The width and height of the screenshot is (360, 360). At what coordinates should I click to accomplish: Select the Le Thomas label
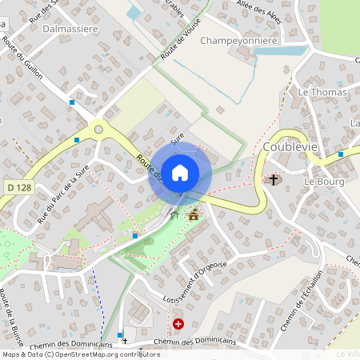coord(322,93)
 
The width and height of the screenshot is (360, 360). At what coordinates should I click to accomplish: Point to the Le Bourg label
coord(323,182)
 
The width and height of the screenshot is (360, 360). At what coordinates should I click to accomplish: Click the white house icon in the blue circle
coord(180,172)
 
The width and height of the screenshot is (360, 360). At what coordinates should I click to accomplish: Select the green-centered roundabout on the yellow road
coord(98,128)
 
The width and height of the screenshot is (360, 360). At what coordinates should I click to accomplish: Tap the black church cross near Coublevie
coord(274,179)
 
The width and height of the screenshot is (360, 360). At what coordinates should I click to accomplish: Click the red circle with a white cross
coord(178,324)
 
